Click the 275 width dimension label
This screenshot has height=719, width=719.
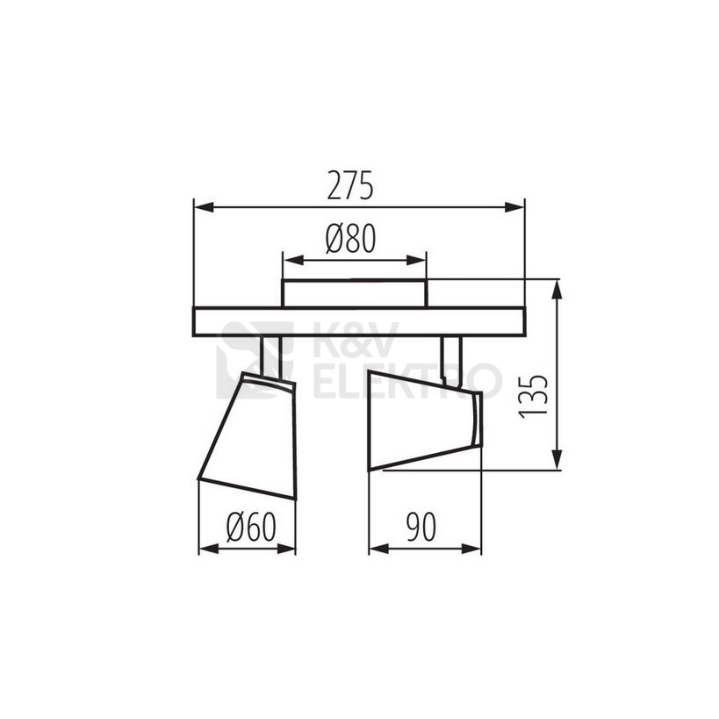click(x=350, y=186)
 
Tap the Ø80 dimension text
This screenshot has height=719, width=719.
click(x=351, y=239)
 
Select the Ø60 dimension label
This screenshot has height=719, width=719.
click(x=251, y=527)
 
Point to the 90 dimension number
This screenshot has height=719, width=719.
click(x=421, y=527)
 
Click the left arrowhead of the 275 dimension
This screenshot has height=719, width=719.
click(x=204, y=208)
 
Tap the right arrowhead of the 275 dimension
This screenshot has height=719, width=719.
click(x=514, y=208)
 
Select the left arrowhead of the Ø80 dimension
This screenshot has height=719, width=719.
click(x=294, y=261)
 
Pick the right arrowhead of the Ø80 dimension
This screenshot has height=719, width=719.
click(x=416, y=261)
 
